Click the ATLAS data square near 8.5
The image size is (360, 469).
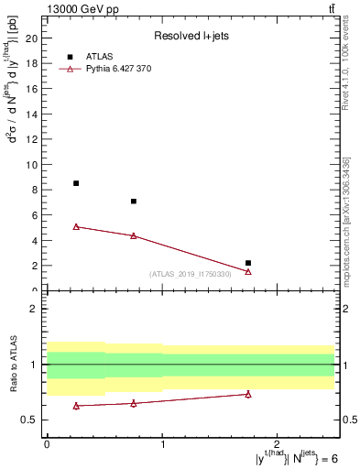(x=76, y=183)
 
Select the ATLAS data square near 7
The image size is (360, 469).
(x=134, y=202)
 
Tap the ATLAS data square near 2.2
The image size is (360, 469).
(x=248, y=263)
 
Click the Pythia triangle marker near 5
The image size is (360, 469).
(x=76, y=226)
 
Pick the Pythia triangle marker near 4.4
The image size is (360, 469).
(x=134, y=235)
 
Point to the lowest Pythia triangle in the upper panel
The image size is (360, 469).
(x=248, y=271)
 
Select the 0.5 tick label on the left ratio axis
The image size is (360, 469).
(x=29, y=420)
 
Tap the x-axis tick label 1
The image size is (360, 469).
(x=162, y=443)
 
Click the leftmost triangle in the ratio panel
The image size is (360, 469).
(x=76, y=406)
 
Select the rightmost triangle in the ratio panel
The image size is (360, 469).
(x=248, y=394)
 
